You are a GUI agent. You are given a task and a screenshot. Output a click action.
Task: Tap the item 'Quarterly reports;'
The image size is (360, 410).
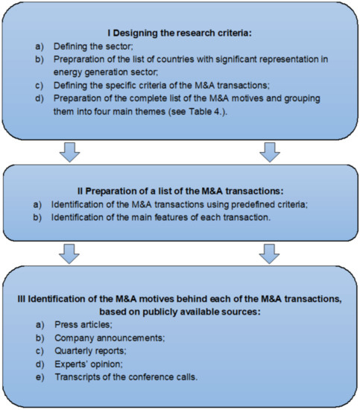click(x=92, y=353)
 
